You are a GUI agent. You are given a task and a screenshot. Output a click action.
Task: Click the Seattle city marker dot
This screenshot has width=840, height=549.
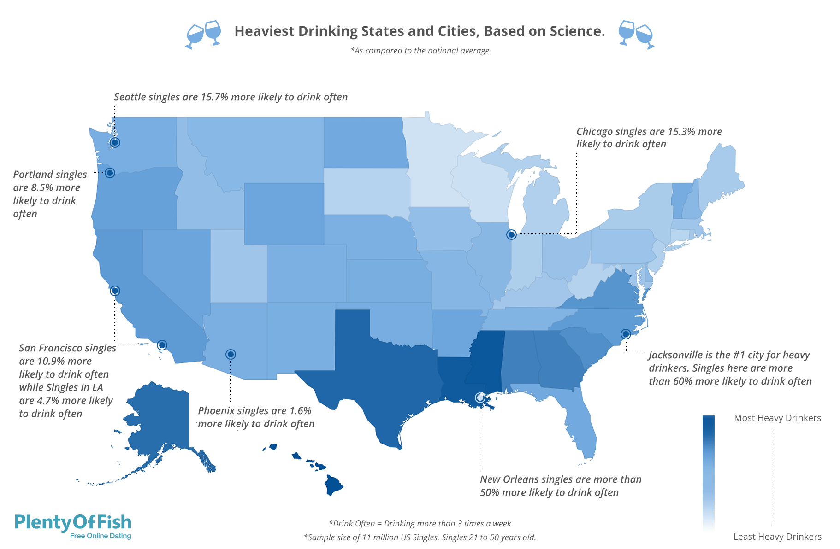click(115, 142)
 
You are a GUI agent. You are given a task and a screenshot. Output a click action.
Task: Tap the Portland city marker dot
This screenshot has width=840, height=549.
click(110, 173)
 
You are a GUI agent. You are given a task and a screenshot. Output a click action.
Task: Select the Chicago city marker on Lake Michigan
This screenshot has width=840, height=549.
click(511, 234)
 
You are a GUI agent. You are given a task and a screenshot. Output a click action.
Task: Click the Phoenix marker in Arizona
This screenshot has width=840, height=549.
click(231, 354)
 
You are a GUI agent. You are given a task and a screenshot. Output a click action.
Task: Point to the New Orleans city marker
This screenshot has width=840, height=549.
click(480, 397)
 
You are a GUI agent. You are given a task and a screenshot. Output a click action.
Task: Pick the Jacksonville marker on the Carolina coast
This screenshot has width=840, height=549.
click(626, 334)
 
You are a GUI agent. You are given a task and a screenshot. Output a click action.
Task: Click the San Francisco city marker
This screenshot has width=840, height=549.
click(115, 291)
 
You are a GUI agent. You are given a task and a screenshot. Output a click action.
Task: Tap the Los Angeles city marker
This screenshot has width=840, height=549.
click(162, 345)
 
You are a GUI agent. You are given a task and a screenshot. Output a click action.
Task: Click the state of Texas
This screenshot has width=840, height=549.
click(383, 378)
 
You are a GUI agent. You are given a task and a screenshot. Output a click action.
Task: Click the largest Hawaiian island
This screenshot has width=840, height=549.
click(333, 485)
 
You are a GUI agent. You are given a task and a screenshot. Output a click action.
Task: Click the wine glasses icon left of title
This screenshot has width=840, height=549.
click(203, 34)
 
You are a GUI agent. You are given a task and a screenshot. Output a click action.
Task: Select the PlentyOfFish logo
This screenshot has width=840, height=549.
click(73, 526)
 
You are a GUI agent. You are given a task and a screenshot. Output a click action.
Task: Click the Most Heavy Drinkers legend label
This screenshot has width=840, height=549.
click(777, 418)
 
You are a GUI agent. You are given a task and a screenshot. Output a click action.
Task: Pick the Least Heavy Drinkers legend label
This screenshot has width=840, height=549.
click(777, 537)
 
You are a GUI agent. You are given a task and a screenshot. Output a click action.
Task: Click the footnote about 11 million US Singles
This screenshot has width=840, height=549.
click(420, 537)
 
